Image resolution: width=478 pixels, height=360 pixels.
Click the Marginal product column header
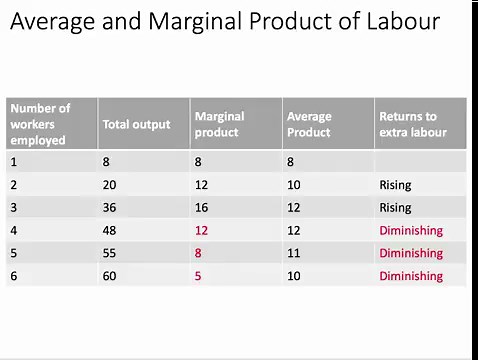(x=220, y=124)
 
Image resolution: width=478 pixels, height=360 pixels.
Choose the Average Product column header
(x=309, y=124)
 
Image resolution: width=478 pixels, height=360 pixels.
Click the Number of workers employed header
(x=41, y=124)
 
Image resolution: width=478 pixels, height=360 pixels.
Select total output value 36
(x=109, y=208)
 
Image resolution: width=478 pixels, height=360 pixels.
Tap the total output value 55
(x=109, y=253)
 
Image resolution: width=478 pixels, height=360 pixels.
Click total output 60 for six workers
(x=109, y=276)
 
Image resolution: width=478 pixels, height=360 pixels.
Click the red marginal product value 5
(x=198, y=276)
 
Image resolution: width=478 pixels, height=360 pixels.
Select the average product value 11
(x=293, y=253)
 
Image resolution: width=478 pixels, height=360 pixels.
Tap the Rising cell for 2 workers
(x=395, y=185)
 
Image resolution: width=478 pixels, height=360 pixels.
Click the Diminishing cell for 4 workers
(x=410, y=231)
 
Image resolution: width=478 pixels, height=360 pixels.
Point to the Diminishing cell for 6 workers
(x=410, y=276)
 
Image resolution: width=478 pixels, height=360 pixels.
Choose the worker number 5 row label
(x=14, y=253)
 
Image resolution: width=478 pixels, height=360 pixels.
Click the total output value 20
(x=109, y=185)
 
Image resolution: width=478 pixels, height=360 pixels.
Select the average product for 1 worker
(x=290, y=162)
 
